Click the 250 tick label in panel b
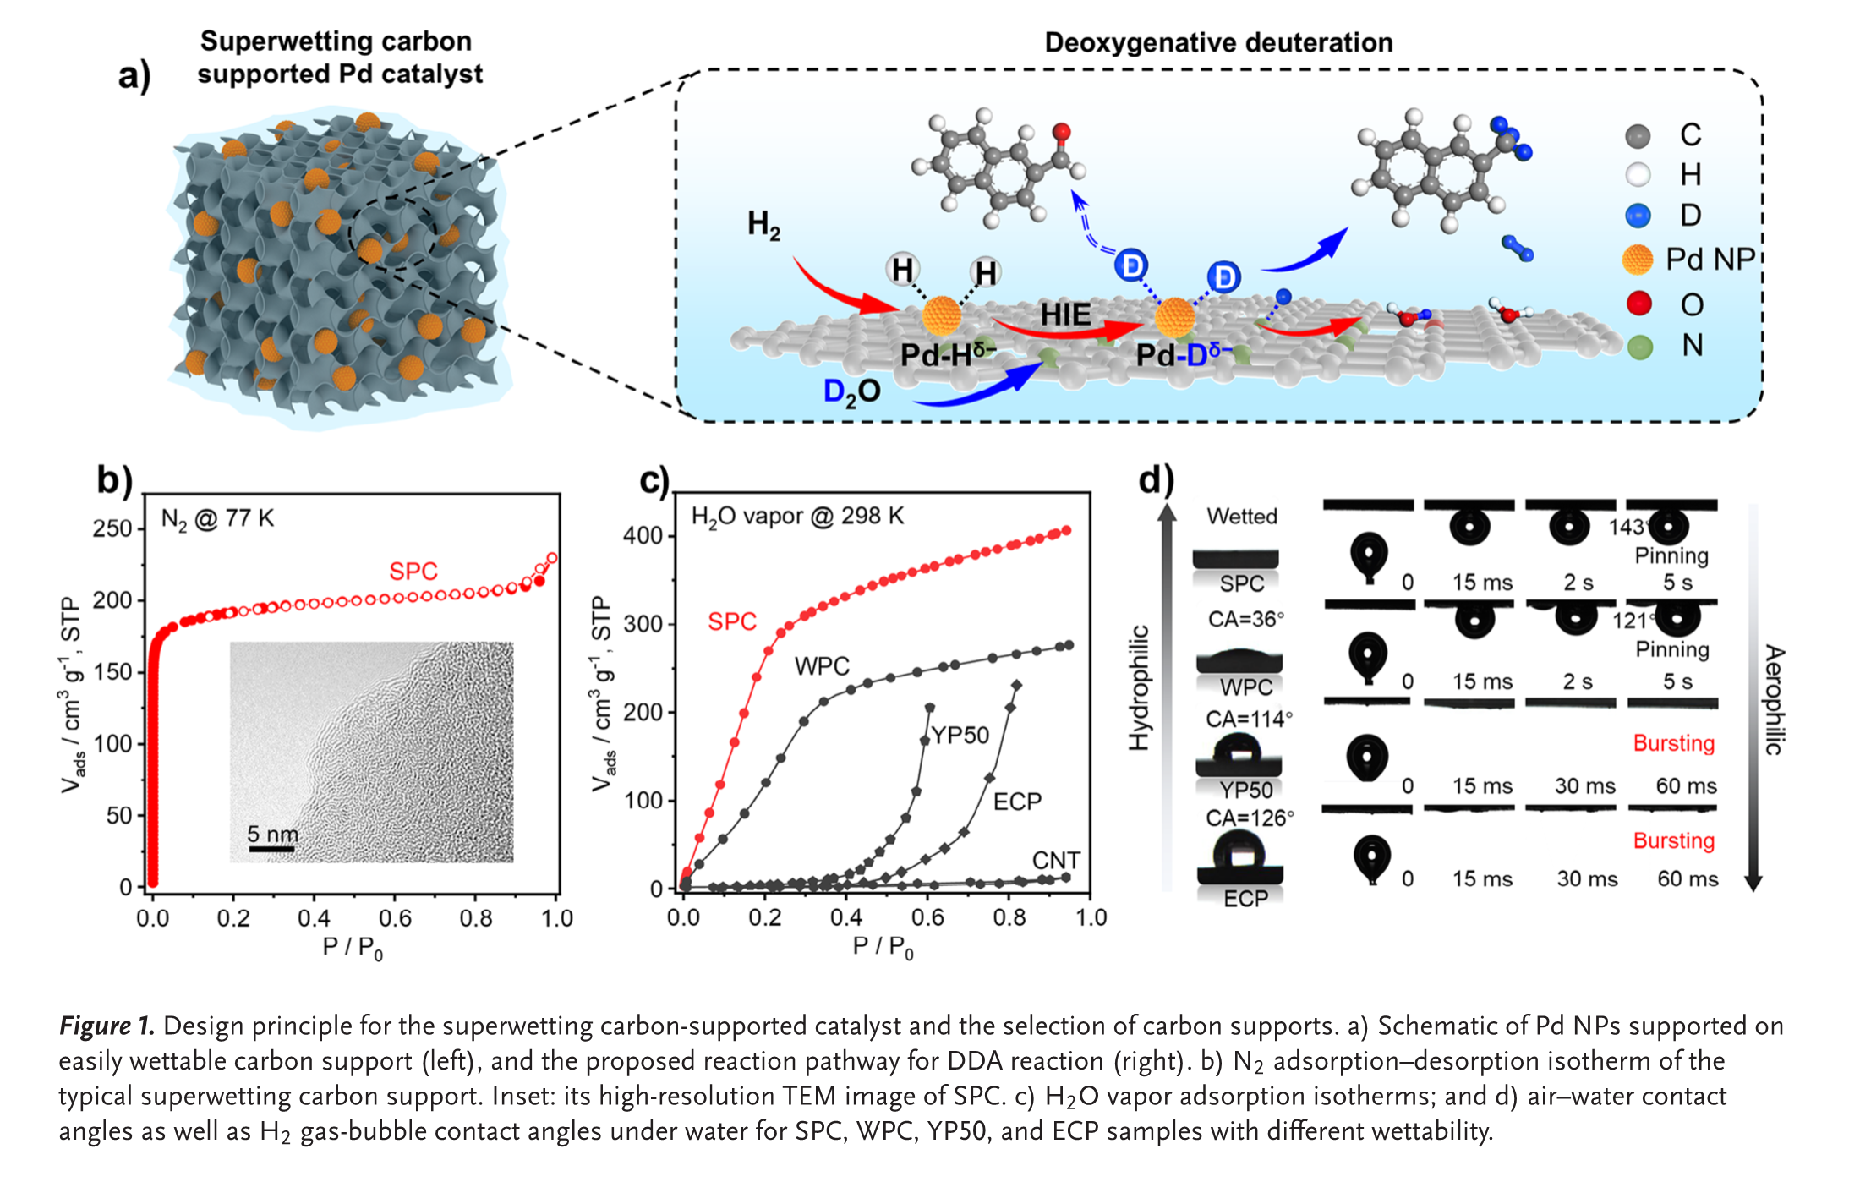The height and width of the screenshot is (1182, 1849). click(112, 528)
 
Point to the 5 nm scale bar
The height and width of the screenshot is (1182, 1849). click(271, 848)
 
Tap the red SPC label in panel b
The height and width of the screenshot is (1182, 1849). click(413, 572)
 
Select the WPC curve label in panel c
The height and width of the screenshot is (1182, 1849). click(822, 666)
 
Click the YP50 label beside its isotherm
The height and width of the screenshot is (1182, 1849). click(960, 735)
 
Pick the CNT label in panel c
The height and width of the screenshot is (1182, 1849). click(1056, 860)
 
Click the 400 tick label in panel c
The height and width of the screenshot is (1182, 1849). click(643, 536)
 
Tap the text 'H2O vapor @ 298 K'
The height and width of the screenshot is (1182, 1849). click(797, 516)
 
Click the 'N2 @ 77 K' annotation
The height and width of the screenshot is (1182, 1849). click(217, 518)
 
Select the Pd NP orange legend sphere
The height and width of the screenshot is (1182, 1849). click(1638, 260)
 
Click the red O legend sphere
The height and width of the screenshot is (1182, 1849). click(1639, 304)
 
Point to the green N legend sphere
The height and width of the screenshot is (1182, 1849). click(1639, 347)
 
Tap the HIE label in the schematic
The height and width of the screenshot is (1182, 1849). click(1065, 315)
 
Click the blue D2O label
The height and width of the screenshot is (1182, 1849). click(851, 391)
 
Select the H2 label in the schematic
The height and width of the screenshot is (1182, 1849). click(763, 225)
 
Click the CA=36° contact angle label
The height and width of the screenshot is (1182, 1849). click(1245, 619)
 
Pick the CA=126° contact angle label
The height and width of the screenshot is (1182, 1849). click(1249, 818)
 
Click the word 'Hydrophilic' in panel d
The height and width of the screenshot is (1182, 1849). click(1140, 687)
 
